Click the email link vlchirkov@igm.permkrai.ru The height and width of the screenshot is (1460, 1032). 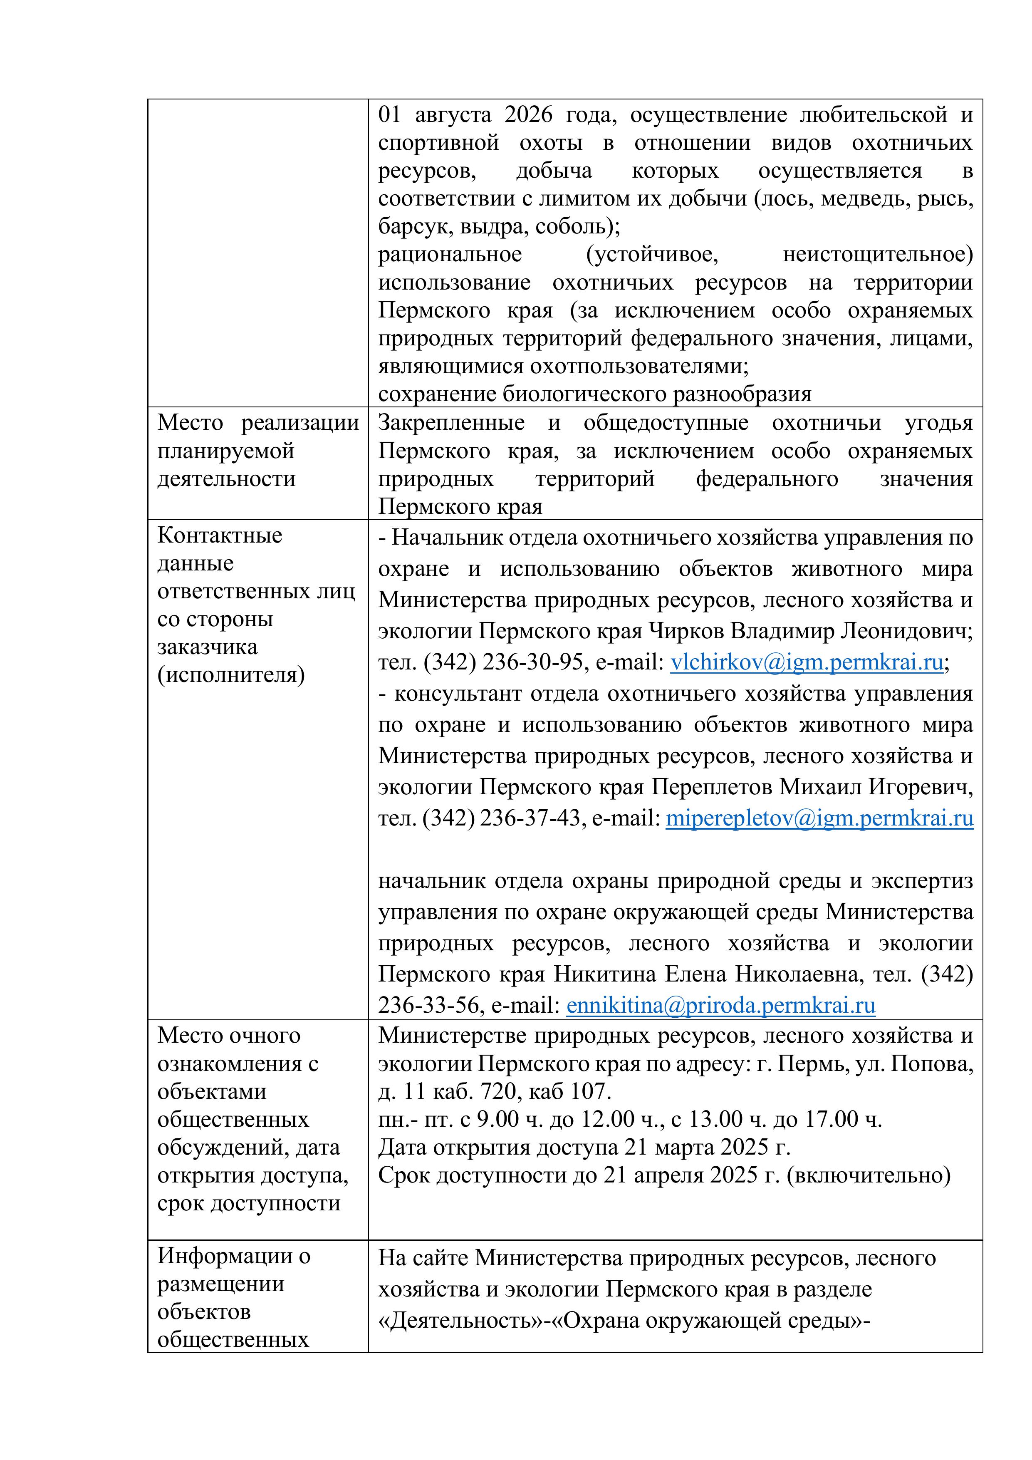tap(806, 662)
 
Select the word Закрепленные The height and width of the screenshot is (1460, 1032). tap(451, 423)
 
